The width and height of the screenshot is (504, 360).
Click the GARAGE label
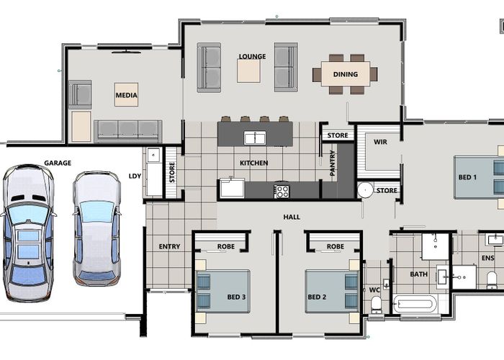click(58, 163)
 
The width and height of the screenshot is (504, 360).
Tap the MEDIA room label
click(126, 94)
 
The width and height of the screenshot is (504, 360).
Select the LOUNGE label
click(252, 56)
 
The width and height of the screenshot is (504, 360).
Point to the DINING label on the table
click(346, 73)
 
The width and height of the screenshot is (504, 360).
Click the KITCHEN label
click(253, 163)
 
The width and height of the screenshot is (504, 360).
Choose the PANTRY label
click(333, 163)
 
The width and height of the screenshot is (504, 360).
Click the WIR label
click(381, 142)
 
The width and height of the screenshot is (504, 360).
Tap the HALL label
click(292, 217)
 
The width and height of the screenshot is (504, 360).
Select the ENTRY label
click(169, 247)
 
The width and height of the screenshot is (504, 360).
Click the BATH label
click(419, 274)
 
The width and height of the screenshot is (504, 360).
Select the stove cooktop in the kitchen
click(282, 191)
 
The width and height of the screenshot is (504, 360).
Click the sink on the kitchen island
click(254, 138)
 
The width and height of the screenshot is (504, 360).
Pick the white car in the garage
click(96, 228)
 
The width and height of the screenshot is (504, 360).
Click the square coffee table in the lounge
click(249, 70)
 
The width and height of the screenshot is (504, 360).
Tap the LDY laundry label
click(135, 175)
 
